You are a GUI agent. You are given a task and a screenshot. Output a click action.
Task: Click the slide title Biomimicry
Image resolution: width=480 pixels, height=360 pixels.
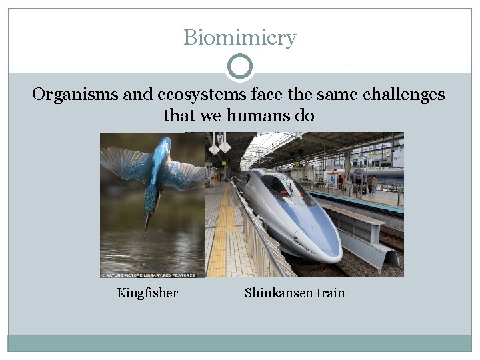(239, 37)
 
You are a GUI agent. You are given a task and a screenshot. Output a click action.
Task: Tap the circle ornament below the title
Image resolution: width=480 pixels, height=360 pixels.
(240, 67)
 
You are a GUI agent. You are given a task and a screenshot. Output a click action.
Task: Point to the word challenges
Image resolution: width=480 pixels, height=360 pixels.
(403, 95)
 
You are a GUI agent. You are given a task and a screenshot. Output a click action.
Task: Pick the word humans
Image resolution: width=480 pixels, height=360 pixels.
(257, 116)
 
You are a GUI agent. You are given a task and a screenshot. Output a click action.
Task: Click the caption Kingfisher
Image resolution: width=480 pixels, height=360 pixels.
(147, 293)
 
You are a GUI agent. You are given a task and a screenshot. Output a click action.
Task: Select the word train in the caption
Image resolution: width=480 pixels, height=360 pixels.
(330, 293)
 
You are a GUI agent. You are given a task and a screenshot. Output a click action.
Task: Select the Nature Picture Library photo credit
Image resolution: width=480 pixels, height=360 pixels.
(147, 273)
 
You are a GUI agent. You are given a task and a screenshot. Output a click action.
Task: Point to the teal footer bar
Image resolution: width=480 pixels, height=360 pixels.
(239, 343)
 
